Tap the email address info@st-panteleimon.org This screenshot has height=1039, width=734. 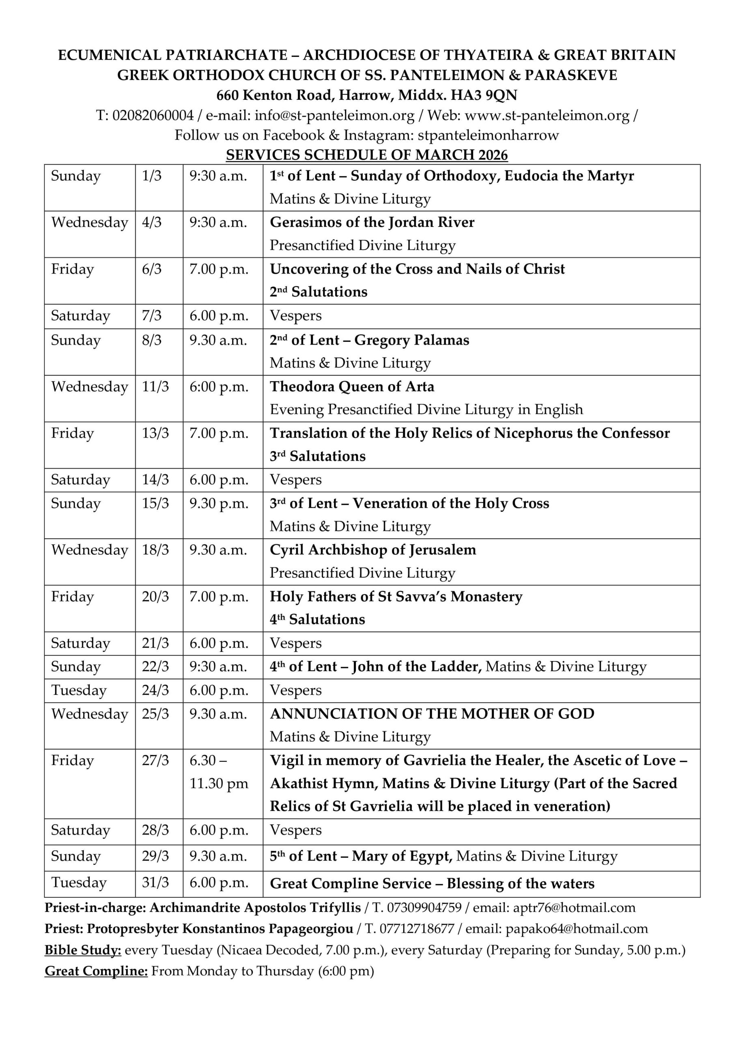[x=334, y=115]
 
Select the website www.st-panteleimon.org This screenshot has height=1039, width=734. [x=547, y=115]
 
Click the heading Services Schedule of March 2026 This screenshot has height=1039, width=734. [x=366, y=155]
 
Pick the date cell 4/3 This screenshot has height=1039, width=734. [x=152, y=223]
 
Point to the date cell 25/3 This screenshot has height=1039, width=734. [x=155, y=714]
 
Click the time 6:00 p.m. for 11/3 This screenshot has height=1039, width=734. [x=219, y=387]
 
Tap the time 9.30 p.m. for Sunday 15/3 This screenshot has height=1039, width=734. [x=219, y=503]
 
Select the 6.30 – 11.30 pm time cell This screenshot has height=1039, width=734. [x=219, y=772]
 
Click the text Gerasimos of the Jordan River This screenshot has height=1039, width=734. [x=372, y=223]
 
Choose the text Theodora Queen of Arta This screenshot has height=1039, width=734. [x=352, y=387]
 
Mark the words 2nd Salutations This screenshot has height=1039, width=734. [x=318, y=292]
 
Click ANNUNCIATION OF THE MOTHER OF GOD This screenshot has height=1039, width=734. [x=432, y=714]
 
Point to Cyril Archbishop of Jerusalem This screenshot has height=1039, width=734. [x=373, y=550]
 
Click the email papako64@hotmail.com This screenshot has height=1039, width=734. [x=577, y=929]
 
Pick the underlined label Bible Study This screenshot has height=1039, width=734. [x=83, y=950]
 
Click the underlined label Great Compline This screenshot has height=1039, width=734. [x=96, y=971]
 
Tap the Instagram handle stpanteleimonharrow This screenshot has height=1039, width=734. [x=488, y=135]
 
